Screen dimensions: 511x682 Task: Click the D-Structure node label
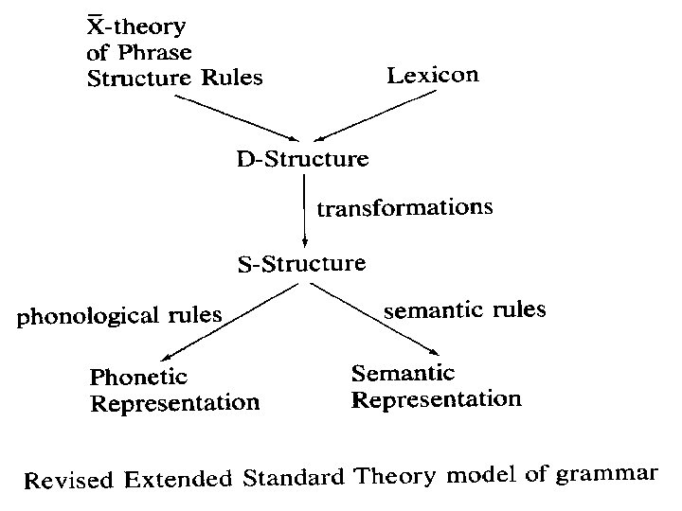(302, 158)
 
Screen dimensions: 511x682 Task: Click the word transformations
(404, 208)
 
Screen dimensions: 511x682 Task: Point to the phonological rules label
(118, 315)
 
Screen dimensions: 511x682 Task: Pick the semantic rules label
(463, 309)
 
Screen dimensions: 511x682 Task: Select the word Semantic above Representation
(404, 373)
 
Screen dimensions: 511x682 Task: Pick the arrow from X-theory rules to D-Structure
(235, 117)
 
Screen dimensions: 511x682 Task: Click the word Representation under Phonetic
(174, 402)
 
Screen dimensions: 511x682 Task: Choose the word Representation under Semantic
(436, 398)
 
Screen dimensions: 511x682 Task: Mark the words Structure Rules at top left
(174, 78)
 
